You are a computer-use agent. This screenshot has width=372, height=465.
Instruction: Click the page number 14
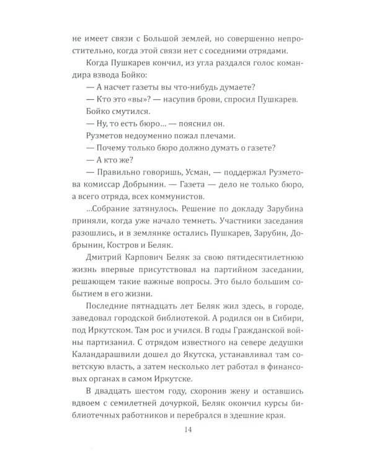185,430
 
